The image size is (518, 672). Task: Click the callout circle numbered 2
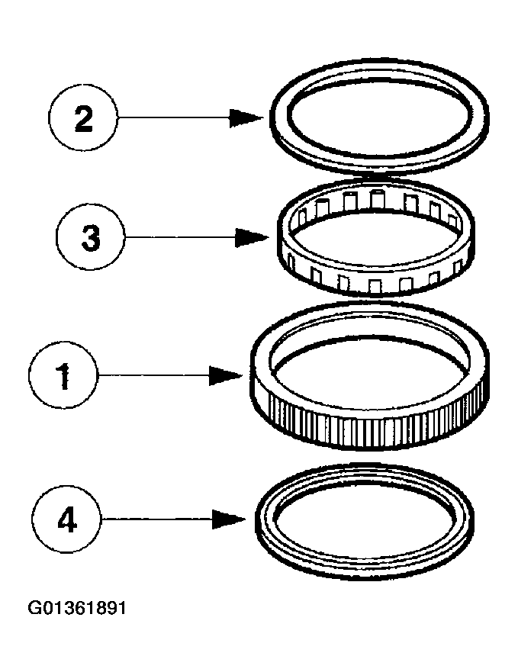[83, 117]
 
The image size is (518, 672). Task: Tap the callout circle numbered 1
[65, 375]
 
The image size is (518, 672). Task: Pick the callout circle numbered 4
[68, 520]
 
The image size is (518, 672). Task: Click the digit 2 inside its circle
[83, 118]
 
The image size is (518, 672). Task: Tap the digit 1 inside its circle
[66, 376]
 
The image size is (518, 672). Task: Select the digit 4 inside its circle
[68, 521]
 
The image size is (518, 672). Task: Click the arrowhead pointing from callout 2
[249, 117]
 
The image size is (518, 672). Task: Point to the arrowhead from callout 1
[227, 375]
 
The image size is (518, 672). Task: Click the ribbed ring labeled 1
[263, 366]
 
